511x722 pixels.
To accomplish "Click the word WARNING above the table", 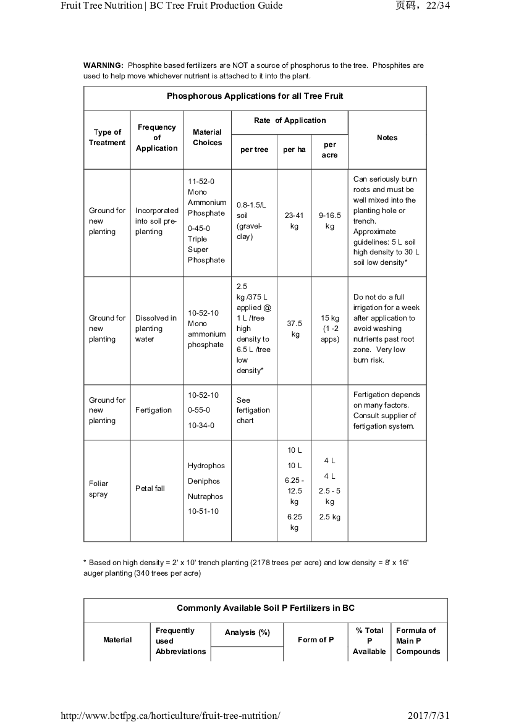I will (x=103, y=65).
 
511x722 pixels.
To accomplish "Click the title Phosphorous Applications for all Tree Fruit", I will (x=255, y=96).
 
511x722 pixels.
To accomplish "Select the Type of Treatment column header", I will (x=107, y=137).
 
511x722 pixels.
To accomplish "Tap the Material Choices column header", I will (x=207, y=137).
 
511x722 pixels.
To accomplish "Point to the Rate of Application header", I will (x=290, y=120).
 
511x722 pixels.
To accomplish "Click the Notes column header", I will (x=387, y=138).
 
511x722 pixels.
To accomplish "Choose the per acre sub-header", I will (x=329, y=150).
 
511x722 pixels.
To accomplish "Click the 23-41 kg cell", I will (x=294, y=221).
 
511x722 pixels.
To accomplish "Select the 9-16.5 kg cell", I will (x=329, y=221).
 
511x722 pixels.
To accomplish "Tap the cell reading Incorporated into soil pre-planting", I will (x=156, y=221).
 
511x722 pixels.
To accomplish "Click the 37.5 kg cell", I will (x=295, y=329).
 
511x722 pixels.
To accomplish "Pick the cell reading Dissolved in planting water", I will (x=156, y=329).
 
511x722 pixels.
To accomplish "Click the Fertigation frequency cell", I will (x=153, y=410).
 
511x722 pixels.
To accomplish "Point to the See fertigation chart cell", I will (x=253, y=410).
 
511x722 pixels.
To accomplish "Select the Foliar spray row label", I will (x=98, y=489).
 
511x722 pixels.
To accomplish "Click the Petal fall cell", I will (x=150, y=489).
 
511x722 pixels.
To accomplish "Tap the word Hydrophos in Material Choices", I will (x=206, y=466).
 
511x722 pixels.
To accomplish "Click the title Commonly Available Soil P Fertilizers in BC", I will (x=266, y=608).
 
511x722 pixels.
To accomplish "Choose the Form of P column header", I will (x=316, y=640).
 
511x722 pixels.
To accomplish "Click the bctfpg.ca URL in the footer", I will (x=170, y=715).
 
